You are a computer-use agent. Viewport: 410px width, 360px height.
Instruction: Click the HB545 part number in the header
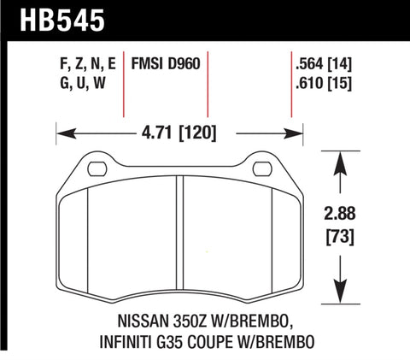(57, 19)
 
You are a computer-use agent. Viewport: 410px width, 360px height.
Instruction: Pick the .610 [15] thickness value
(322, 83)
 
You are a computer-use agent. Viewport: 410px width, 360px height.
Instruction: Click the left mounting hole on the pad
(93, 163)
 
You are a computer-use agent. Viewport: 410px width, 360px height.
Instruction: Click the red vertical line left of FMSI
(125, 86)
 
